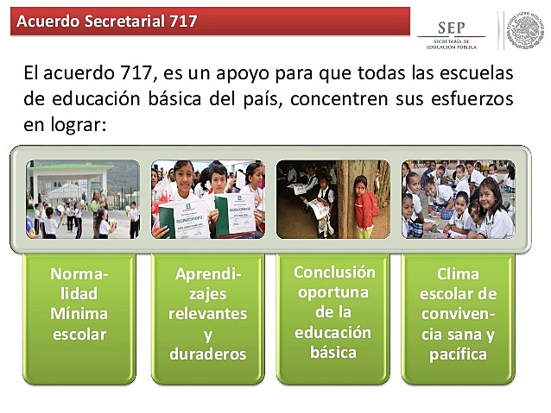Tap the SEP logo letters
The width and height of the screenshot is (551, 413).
point(452,28)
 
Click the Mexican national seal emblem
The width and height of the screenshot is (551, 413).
point(525,29)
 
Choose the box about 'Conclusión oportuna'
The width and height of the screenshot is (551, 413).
point(333,310)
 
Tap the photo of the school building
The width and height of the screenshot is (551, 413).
point(82,198)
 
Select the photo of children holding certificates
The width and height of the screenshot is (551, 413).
point(207,198)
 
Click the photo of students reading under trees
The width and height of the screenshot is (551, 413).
point(332,198)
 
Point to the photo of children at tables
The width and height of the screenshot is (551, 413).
point(458,198)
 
